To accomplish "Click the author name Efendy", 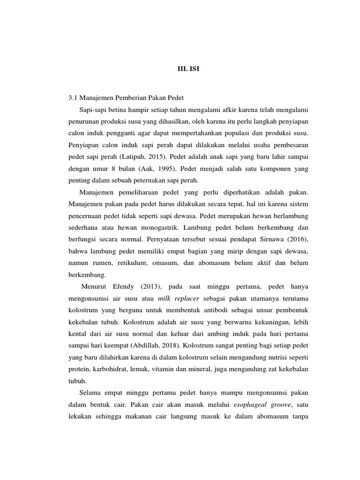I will [x=122, y=286].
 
